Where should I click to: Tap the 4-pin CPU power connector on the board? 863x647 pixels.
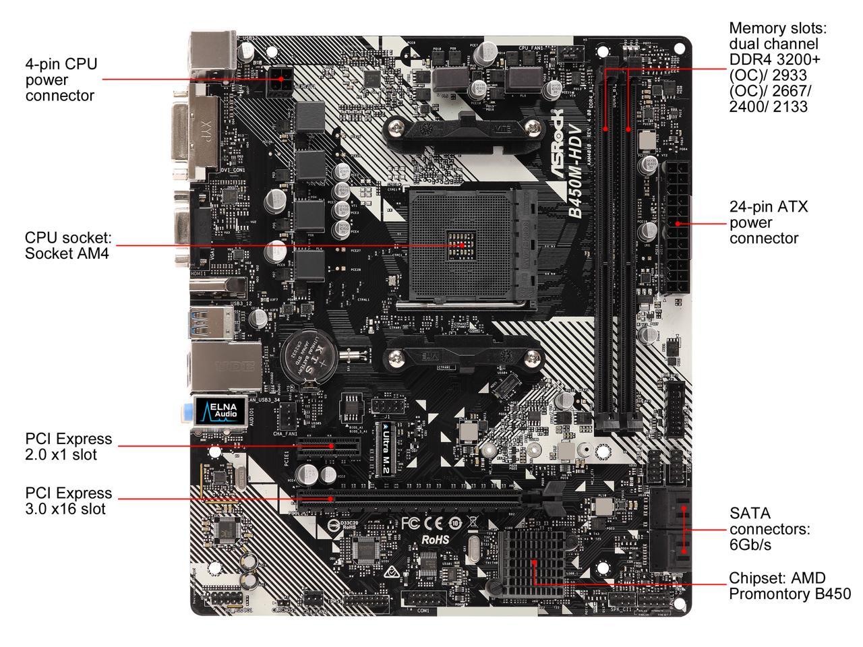pos(279,83)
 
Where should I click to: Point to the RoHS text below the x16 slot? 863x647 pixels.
pos(435,539)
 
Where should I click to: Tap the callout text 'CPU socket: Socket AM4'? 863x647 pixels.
pos(67,245)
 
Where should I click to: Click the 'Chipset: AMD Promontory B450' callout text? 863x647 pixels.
pos(789,586)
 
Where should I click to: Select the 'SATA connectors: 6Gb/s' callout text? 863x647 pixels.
pos(769,529)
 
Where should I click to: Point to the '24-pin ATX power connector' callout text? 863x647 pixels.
pos(769,222)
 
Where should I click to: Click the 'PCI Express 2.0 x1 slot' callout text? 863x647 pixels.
pos(68,446)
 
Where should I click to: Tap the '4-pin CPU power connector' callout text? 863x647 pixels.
pos(61,80)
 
